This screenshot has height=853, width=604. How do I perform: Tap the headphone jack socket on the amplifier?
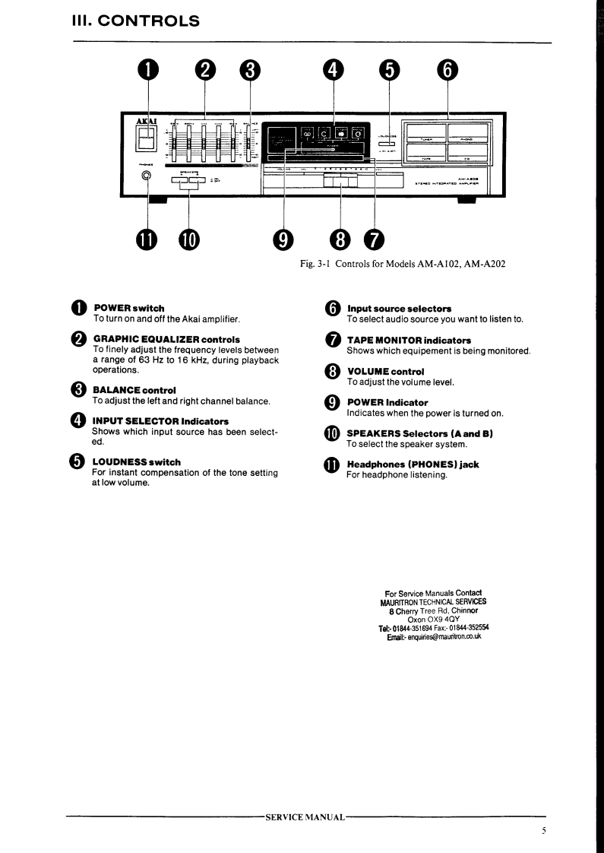[146, 177]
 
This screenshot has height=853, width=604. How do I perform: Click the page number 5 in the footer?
[544, 831]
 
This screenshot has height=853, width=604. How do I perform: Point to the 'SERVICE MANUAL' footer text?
[305, 817]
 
